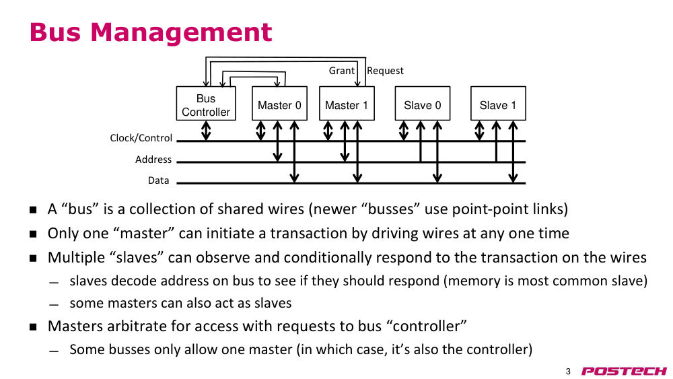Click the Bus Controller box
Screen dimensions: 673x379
point(206,104)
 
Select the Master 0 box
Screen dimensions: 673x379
point(279,104)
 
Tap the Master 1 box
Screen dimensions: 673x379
point(347,104)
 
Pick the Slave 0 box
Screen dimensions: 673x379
point(423,104)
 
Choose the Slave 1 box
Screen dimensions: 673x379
point(498,104)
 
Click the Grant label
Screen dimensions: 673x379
point(342,71)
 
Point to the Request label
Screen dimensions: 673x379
point(385,71)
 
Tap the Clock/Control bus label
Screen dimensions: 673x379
point(141,138)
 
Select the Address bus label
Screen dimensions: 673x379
point(153,160)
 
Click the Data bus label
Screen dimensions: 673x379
point(158,180)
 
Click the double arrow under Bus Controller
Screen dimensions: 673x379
point(206,131)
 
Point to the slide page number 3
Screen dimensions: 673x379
point(568,372)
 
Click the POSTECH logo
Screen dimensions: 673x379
point(624,372)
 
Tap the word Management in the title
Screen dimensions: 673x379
point(181,32)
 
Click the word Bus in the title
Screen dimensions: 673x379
point(55,32)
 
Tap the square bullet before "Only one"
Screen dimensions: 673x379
point(33,234)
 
